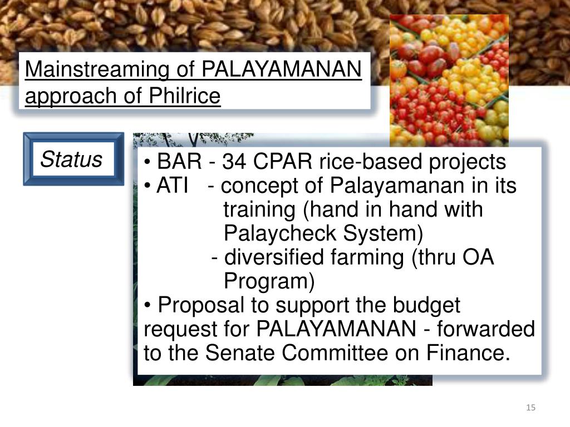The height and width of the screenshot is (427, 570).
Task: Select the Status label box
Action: point(72,159)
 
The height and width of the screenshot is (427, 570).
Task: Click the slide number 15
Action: point(530,409)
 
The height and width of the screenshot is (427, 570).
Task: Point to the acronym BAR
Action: point(179,162)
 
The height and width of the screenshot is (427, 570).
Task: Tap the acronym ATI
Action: point(172,186)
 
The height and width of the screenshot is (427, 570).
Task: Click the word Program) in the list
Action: point(269,282)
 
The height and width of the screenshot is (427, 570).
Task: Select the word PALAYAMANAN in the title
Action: point(282,71)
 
